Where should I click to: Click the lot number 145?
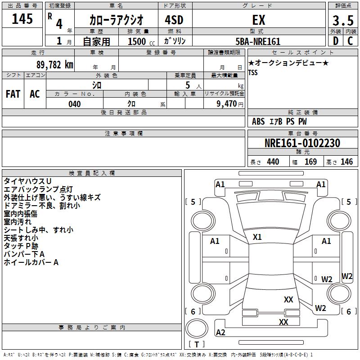pos(22,19)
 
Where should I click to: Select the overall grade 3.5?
pos(343,20)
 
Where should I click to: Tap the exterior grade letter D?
pos(336,41)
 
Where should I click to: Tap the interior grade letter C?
pos(350,41)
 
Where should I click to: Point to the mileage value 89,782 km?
pos(54,65)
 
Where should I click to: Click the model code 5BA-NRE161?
pos(258,41)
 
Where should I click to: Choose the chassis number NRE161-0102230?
pos(302,143)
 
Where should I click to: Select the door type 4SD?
pos(174,20)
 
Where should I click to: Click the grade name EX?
pos(259,20)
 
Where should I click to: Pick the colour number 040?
pos(75,104)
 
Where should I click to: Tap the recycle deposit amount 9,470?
pos(227,104)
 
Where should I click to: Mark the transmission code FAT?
pos(13,94)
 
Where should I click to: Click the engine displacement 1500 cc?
pos(141,41)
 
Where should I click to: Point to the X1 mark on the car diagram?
pos(257,237)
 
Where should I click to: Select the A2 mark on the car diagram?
pos(220,333)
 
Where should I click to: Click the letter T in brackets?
pos(197,344)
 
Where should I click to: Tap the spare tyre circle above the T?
pos(197,328)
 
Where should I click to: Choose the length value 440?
pos(273,162)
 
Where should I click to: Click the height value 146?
pos(346,162)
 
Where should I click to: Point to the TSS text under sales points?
pos(253,72)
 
